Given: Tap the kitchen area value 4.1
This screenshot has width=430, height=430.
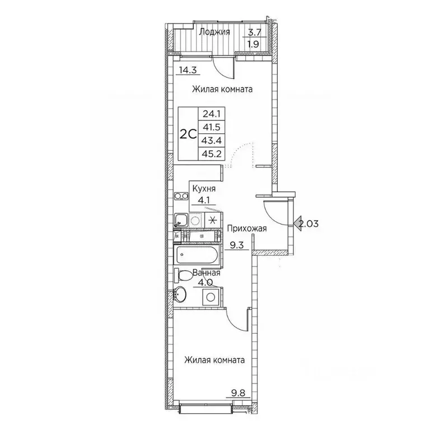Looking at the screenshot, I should (202, 199).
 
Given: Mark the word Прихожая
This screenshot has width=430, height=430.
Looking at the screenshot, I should (246, 228).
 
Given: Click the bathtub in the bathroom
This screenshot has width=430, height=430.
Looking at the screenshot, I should (198, 256).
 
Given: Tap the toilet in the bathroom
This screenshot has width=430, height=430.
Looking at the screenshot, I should (182, 275).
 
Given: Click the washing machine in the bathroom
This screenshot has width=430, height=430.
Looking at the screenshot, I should (212, 295).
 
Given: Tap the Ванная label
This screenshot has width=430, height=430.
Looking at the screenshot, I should (205, 273).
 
